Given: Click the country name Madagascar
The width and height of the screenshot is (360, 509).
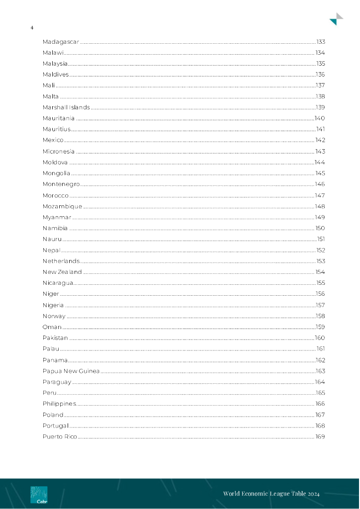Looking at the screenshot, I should pos(61,42).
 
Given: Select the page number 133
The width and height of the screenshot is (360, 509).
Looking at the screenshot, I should pos(321,42).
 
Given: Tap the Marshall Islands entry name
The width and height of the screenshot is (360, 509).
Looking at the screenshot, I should pos(66,107).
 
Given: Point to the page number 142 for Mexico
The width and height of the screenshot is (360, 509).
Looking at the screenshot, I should pos(320,140).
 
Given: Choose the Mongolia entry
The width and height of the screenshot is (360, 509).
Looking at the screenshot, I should pos(56,173).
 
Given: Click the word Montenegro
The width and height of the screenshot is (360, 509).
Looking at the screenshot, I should pos(61,184).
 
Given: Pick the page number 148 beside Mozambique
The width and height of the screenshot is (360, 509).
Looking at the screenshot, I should pos(320,206).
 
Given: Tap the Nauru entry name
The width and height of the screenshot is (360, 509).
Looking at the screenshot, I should pos(52,239).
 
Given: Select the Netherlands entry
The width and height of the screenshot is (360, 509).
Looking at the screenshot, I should pos(61,261).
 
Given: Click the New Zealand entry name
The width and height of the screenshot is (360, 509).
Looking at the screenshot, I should pos(62,272).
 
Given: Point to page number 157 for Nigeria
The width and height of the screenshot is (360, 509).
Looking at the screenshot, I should pos(320,305).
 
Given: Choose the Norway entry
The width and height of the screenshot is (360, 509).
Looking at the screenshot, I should pos(54,316).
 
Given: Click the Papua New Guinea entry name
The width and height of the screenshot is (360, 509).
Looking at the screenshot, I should pos(71,371).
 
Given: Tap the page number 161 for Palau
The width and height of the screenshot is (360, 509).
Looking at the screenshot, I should pos(321,349).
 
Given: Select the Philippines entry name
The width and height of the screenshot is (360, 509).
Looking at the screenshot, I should pos(59,404).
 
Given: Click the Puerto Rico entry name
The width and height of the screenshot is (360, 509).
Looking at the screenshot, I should pos(60,437).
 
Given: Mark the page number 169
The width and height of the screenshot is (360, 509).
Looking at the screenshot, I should pos(320,437).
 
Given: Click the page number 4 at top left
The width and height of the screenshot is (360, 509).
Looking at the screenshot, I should pos(32,28).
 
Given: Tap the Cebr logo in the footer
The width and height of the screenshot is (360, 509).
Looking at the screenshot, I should pos(39,495).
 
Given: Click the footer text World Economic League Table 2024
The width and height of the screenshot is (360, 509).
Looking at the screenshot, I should pos(271,494).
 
